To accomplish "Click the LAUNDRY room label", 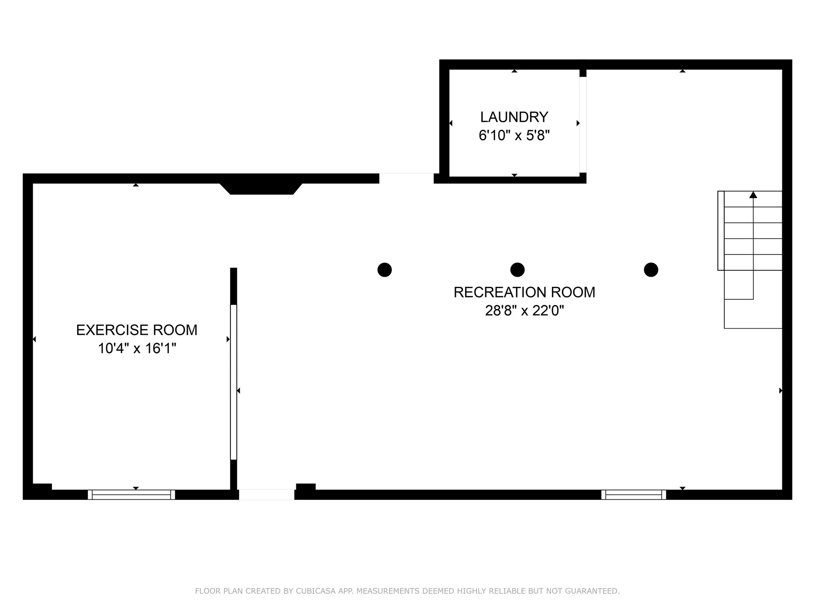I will [514, 117].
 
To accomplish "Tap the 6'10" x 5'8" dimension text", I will [514, 136].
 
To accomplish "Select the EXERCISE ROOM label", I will [137, 330].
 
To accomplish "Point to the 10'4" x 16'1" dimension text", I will [137, 348].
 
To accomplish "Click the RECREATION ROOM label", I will [524, 292].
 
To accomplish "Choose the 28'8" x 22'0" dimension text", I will [524, 311].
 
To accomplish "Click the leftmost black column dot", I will [385, 270].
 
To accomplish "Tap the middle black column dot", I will [517, 270].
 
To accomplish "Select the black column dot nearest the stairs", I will [651, 270].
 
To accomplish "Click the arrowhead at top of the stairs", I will [753, 195].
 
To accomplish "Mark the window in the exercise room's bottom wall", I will [131, 495].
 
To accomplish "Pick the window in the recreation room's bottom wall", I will [633, 495].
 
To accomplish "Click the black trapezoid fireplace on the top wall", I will [261, 188].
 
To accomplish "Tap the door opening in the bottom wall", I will [267, 495].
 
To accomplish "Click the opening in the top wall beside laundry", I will [406, 178].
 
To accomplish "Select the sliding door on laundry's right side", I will [583, 125].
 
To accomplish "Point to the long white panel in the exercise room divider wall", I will [233, 382].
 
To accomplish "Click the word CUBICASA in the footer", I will [315, 591].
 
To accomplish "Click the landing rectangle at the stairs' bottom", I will [753, 314].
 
